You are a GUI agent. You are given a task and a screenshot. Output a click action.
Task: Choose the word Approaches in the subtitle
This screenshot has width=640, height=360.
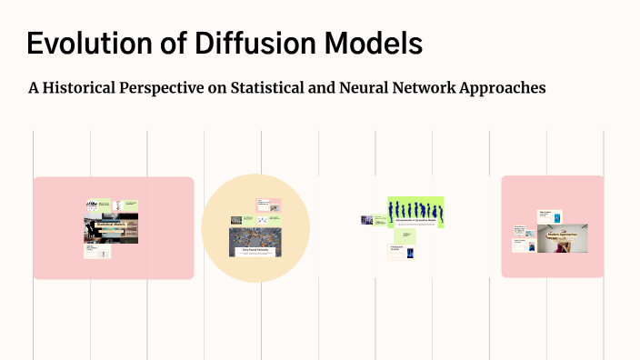[500, 88]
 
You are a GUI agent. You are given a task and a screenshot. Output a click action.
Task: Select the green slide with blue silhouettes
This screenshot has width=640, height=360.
[415, 212]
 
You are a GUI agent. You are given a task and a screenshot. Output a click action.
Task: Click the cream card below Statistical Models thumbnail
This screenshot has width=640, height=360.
[97, 251]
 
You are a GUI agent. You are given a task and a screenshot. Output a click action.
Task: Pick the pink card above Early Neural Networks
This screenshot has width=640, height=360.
[268, 205]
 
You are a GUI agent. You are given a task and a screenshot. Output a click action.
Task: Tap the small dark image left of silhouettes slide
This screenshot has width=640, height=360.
[367, 220]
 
